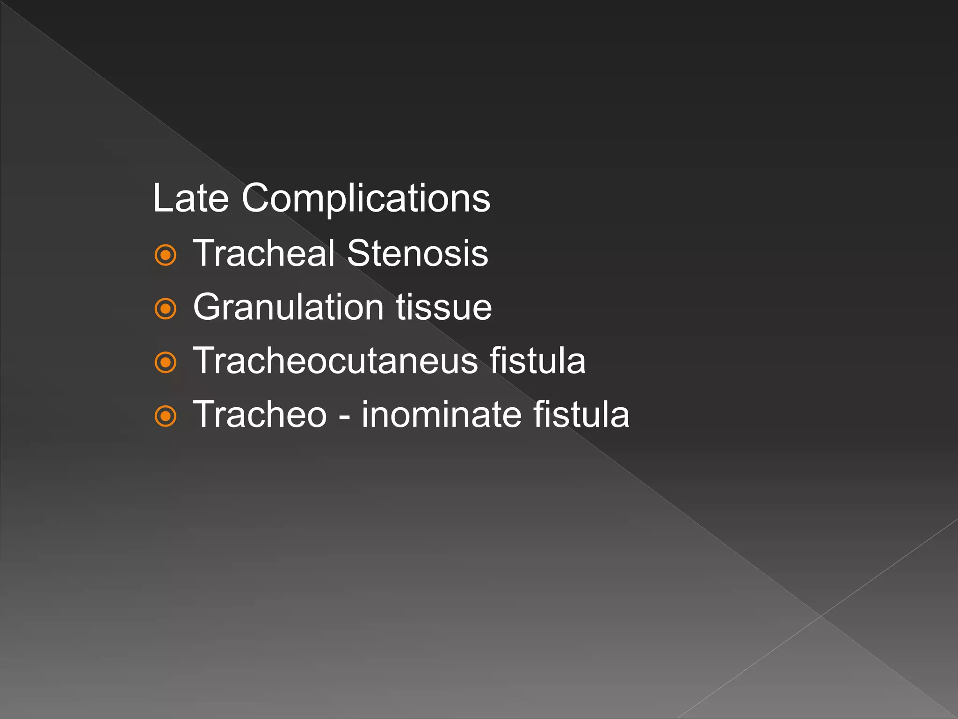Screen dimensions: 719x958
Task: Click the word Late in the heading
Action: (x=191, y=198)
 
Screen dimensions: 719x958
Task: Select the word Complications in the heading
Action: (x=366, y=198)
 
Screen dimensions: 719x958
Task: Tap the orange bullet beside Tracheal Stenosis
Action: (x=166, y=255)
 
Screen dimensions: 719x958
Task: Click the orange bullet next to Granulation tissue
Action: (x=166, y=309)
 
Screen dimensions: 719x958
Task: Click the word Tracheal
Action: (x=264, y=253)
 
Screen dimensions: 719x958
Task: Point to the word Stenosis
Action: (x=418, y=253)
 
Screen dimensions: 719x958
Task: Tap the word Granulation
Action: (x=289, y=308)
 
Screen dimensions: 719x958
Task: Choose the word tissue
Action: (x=444, y=308)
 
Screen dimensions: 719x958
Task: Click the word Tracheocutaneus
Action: (x=335, y=361)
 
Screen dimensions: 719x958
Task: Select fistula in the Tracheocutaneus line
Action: (x=537, y=361)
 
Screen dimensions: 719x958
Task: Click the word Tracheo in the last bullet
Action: (x=260, y=415)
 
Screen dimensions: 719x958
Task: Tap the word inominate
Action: (x=442, y=415)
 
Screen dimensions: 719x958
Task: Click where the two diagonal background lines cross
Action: (x=821, y=616)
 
